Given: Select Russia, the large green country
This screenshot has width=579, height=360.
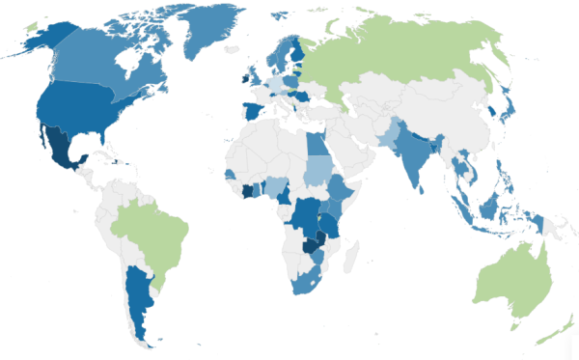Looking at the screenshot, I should click(405, 58).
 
